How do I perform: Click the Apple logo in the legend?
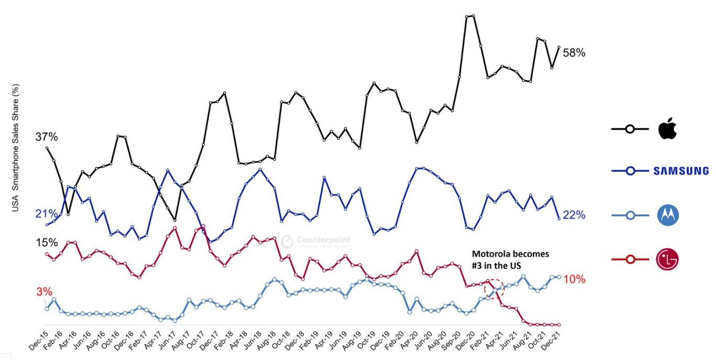[x=668, y=128]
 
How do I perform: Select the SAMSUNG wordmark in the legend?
[x=681, y=171]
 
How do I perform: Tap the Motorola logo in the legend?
[x=667, y=215]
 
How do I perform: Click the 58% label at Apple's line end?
[x=574, y=53]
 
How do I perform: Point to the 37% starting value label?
[x=47, y=137]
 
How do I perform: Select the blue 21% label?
[x=46, y=214]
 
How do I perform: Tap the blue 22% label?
[x=574, y=215]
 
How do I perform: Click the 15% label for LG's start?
[x=47, y=243]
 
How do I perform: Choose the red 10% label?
[x=574, y=279]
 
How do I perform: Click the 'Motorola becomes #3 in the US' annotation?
[x=511, y=259]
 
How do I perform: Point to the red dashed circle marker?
[x=494, y=288]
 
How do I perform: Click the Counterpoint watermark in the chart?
[x=316, y=241]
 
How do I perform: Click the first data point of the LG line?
[x=47, y=254]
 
